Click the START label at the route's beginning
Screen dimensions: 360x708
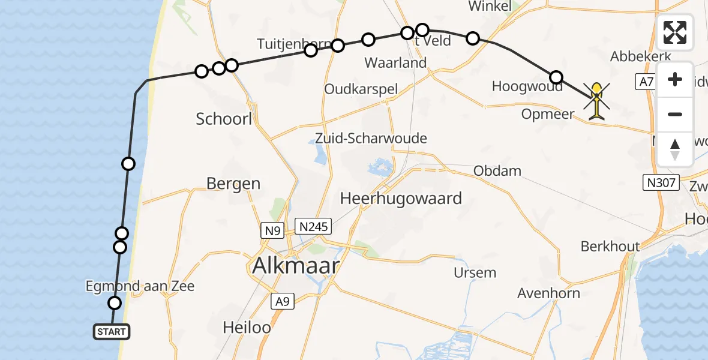click(111, 331)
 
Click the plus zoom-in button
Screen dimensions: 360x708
click(675, 79)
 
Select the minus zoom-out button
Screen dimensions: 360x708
click(675, 114)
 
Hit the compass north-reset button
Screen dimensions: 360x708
click(675, 149)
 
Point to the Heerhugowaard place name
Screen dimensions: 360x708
click(401, 198)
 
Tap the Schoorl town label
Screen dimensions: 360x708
click(224, 119)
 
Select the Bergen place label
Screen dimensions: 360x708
click(233, 184)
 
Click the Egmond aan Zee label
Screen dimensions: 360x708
click(140, 286)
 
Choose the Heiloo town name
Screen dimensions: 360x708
click(247, 328)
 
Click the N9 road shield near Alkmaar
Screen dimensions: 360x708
click(271, 230)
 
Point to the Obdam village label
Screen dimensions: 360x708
click(497, 171)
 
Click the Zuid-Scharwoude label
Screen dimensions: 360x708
click(371, 139)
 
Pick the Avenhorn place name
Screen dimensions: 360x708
click(549, 293)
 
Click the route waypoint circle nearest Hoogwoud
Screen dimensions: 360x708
click(556, 77)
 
